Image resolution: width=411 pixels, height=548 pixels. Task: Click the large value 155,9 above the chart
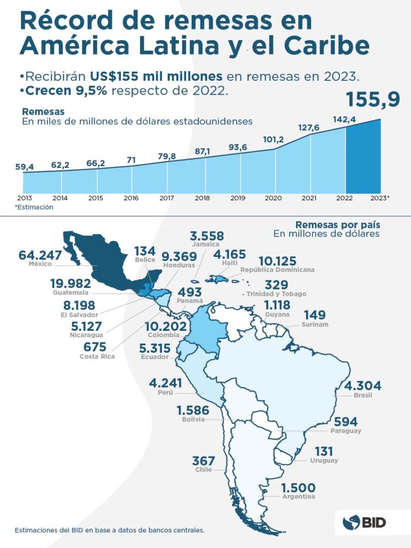(x=373, y=100)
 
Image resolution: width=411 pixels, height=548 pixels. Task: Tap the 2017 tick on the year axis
(x=166, y=198)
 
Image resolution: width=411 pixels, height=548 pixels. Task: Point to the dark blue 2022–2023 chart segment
(x=363, y=158)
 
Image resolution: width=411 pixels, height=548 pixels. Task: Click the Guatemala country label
(x=71, y=293)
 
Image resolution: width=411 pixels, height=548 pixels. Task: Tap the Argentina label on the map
(x=298, y=497)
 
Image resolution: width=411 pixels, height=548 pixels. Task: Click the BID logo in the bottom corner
(x=366, y=522)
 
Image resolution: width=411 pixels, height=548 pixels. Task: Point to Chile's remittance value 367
(x=203, y=461)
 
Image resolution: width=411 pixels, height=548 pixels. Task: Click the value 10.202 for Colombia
(x=165, y=326)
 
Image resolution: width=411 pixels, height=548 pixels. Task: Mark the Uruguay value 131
(x=324, y=451)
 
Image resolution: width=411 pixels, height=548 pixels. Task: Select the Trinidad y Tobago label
(x=277, y=294)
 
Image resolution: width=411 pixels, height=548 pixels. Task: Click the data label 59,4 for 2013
(x=25, y=167)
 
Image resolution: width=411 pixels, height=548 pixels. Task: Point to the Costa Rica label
(x=96, y=356)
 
